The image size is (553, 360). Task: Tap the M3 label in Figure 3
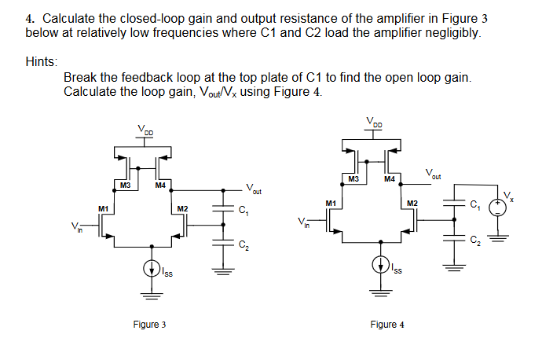[124, 186]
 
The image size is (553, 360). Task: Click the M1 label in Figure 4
[331, 203]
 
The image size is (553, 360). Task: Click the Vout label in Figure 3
[254, 189]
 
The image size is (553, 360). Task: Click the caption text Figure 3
[149, 325]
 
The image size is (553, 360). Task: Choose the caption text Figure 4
[388, 325]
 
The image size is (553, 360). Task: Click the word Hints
[40, 61]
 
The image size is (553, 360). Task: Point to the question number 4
[29, 19]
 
